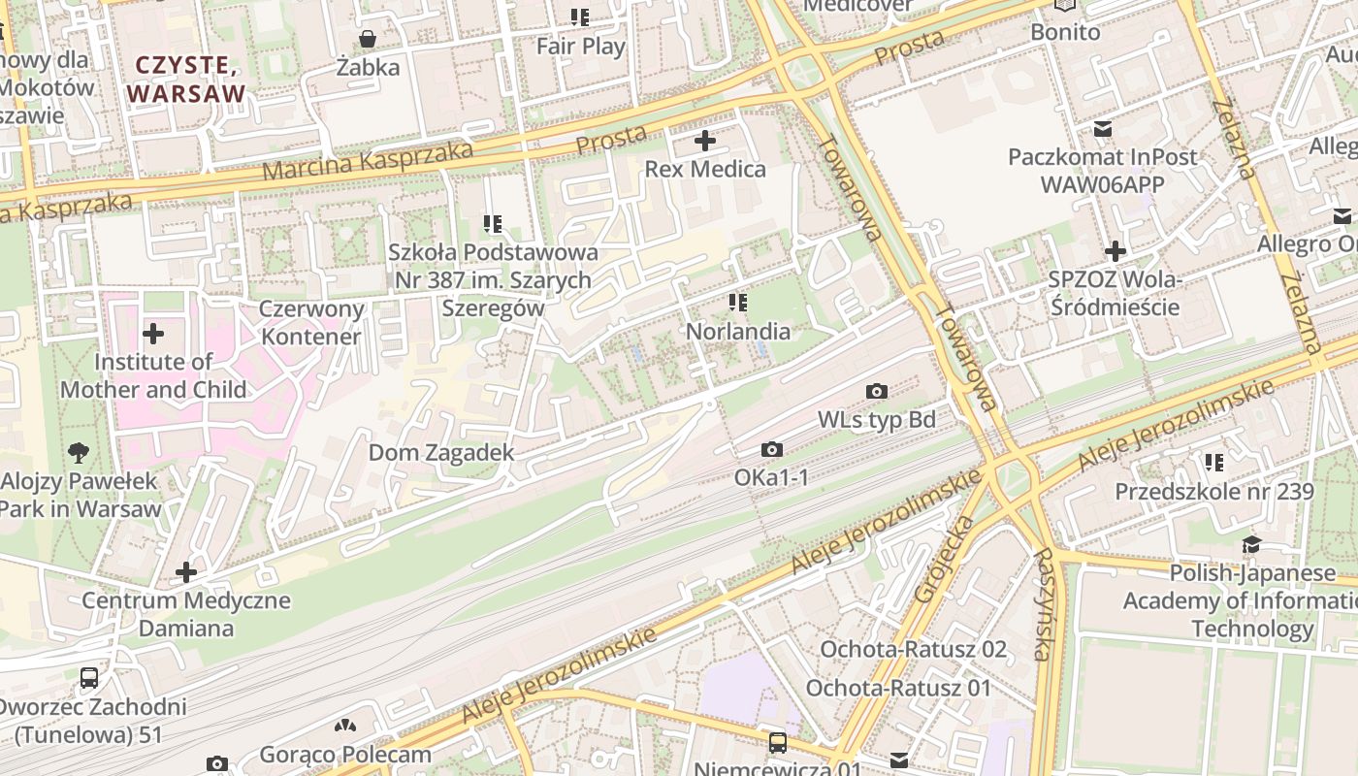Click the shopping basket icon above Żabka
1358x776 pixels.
pyautogui.click(x=368, y=40)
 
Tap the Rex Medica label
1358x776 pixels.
pyautogui.click(x=705, y=170)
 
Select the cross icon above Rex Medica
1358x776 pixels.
pyautogui.click(x=705, y=142)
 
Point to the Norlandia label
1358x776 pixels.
pyautogui.click(x=737, y=332)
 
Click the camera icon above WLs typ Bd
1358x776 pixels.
pyautogui.click(x=877, y=392)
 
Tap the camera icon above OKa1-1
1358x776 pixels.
pyautogui.click(x=772, y=450)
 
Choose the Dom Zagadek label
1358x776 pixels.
pyautogui.click(x=441, y=453)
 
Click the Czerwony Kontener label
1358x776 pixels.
pyautogui.click(x=311, y=323)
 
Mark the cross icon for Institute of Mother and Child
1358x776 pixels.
pyautogui.click(x=153, y=335)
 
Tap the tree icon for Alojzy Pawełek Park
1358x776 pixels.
pyautogui.click(x=80, y=452)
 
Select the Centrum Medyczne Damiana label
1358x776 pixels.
pyautogui.click(x=185, y=614)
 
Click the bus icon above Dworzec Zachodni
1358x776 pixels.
pyautogui.click(x=89, y=678)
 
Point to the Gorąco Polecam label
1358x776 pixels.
pyautogui.click(x=345, y=755)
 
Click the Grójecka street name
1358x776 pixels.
pyautogui.click(x=930, y=560)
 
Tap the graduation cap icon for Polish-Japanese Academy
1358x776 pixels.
pyautogui.click(x=1251, y=545)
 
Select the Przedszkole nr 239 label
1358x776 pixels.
pyautogui.click(x=1213, y=492)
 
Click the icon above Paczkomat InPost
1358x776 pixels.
pyautogui.click(x=1102, y=129)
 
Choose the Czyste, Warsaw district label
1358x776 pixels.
pyautogui.click(x=186, y=80)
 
